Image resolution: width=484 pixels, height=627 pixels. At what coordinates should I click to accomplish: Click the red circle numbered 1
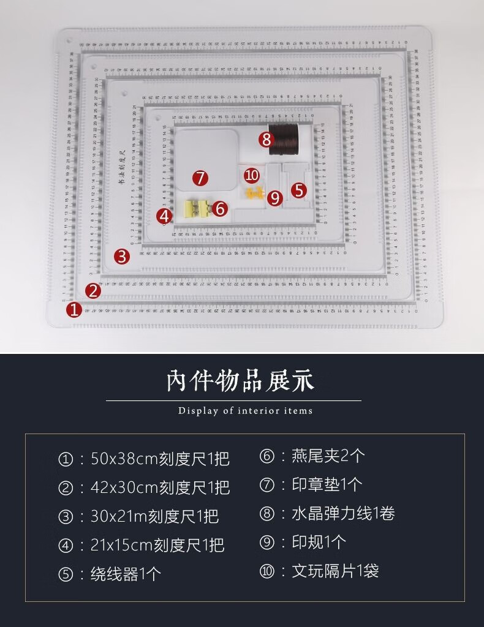pyautogui.click(x=74, y=310)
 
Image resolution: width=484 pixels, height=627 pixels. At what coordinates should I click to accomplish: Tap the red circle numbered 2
pyautogui.click(x=93, y=291)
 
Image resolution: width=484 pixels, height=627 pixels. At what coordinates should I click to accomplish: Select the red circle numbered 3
pyautogui.click(x=122, y=256)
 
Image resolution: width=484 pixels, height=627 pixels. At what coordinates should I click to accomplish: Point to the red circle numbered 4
pyautogui.click(x=164, y=216)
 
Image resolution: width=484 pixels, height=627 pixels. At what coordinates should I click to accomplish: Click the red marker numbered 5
pyautogui.click(x=298, y=190)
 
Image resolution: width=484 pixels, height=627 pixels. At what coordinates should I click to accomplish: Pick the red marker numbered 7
pyautogui.click(x=200, y=178)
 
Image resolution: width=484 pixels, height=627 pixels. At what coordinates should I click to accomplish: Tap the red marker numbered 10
pyautogui.click(x=251, y=176)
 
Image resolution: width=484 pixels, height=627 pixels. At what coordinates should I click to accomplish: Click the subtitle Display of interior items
pyautogui.click(x=245, y=411)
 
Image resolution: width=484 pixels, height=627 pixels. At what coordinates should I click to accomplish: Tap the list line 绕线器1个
pyautogui.click(x=110, y=574)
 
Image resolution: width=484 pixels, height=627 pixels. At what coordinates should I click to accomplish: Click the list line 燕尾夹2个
pyautogui.click(x=312, y=456)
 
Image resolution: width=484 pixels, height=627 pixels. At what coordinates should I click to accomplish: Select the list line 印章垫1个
pyautogui.click(x=311, y=485)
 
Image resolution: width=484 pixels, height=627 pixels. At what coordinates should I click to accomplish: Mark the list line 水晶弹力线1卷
pyautogui.click(x=327, y=514)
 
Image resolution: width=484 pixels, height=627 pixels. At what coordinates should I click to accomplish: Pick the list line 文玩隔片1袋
pyautogui.click(x=319, y=571)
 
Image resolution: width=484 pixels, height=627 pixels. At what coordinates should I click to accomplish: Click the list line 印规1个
pyautogui.click(x=303, y=543)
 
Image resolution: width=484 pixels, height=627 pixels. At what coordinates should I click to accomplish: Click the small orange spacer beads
pyautogui.click(x=255, y=194)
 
